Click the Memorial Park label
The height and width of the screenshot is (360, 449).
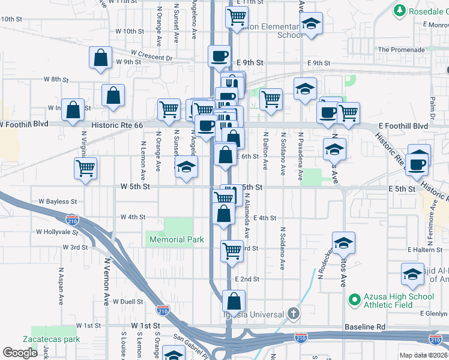point(177,239)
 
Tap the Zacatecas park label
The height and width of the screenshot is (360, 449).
point(56,339)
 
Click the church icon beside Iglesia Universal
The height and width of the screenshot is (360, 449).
point(292,313)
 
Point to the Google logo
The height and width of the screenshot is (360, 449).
point(20,353)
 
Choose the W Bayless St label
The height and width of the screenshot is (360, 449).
point(58,202)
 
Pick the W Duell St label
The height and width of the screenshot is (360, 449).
point(130,302)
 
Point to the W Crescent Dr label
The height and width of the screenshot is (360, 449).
point(154,58)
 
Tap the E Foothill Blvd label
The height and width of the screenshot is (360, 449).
point(403,126)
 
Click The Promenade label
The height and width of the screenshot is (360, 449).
point(401,50)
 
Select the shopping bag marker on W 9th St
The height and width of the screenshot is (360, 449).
point(101,58)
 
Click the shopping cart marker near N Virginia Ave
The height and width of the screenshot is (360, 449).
point(86,169)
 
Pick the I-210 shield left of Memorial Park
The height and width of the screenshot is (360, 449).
point(73,220)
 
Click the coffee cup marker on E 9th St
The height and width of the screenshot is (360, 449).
point(219,56)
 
